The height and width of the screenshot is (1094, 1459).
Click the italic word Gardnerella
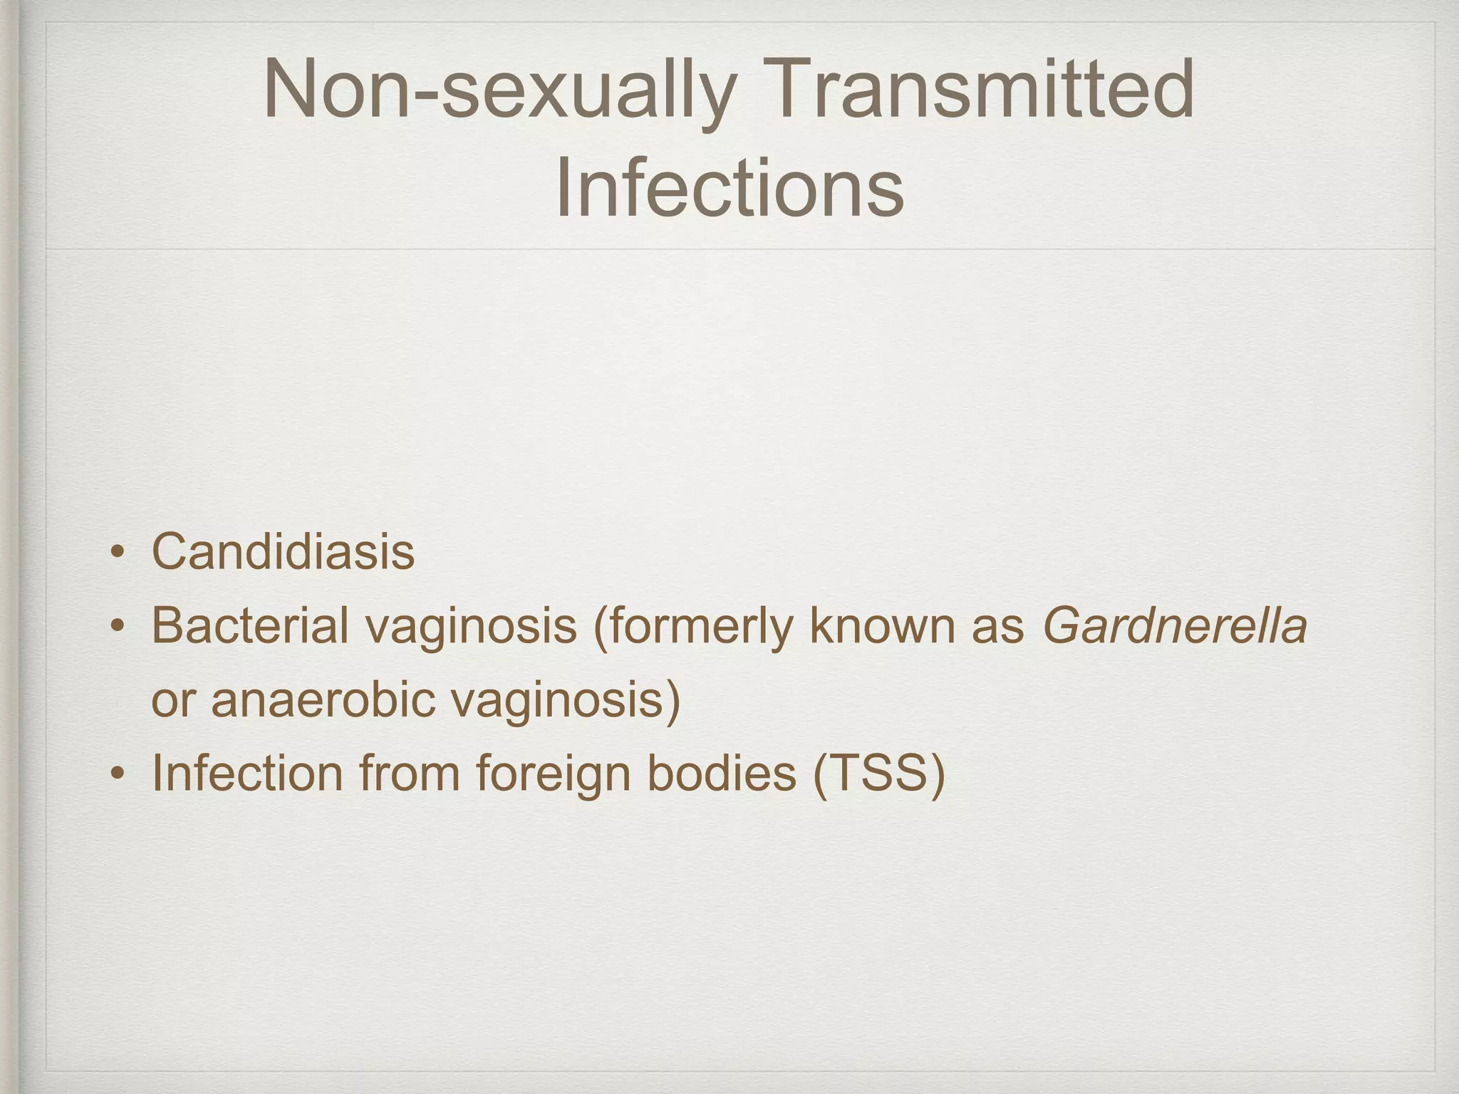[x=1175, y=627]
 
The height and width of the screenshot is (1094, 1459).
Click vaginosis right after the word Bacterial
[x=471, y=627]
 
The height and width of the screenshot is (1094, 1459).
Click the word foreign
[x=553, y=774]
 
